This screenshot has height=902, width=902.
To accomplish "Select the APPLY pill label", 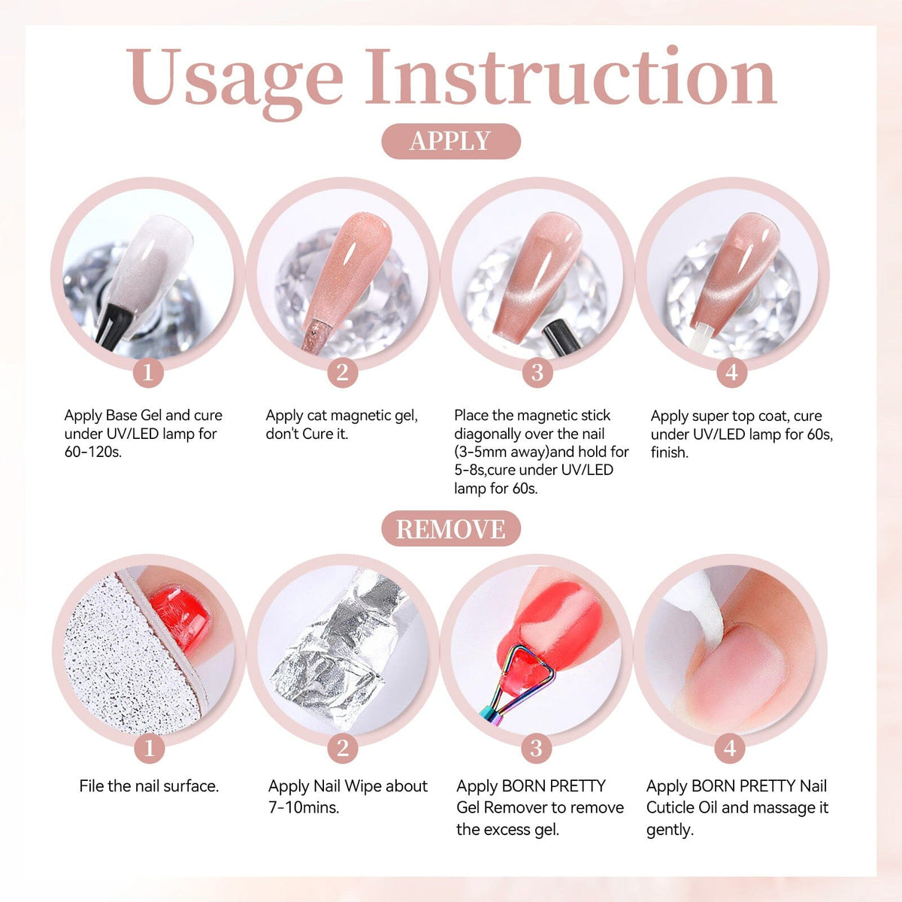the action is pyautogui.click(x=451, y=141).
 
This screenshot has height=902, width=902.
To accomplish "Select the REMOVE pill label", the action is pyautogui.click(x=451, y=528).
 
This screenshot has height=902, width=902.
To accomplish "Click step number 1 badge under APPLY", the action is pyautogui.click(x=148, y=373).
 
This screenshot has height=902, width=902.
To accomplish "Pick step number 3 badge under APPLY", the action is pyautogui.click(x=537, y=373).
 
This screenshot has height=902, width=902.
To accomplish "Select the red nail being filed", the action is pyautogui.click(x=180, y=619).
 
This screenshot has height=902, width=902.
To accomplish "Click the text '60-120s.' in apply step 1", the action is pyautogui.click(x=92, y=452).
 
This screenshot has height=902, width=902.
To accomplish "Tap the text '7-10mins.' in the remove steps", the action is pyautogui.click(x=304, y=807).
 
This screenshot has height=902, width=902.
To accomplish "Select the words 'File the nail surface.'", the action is pyautogui.click(x=149, y=786).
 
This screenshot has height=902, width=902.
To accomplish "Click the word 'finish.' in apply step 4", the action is pyautogui.click(x=670, y=453).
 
